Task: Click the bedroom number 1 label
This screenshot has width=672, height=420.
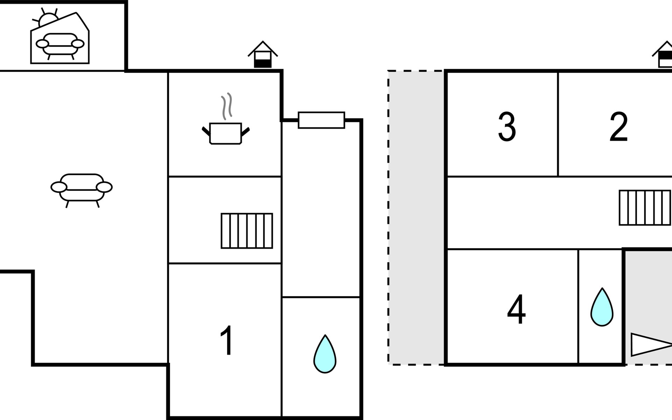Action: tap(227, 340)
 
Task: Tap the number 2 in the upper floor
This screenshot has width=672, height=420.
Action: tap(618, 127)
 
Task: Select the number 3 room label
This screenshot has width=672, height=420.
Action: tap(507, 127)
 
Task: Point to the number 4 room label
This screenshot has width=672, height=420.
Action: tap(516, 310)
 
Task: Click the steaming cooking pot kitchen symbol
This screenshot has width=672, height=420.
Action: tap(226, 119)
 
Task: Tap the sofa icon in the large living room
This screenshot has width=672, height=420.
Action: tap(82, 190)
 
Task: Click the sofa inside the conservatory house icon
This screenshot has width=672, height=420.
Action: tap(60, 46)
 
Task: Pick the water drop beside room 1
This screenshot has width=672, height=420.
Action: tap(325, 354)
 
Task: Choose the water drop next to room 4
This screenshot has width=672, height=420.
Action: tap(602, 307)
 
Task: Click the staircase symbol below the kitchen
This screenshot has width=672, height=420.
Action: tap(247, 231)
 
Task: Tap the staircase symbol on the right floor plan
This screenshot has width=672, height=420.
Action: tap(645, 208)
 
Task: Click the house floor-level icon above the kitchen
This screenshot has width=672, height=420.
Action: tap(263, 54)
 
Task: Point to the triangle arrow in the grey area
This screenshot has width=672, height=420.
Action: tap(651, 345)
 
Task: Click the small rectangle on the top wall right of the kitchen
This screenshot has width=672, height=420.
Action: tap(321, 120)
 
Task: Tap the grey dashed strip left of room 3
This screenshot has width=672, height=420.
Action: tap(416, 218)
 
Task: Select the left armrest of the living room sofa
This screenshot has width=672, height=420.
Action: tap(59, 187)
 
